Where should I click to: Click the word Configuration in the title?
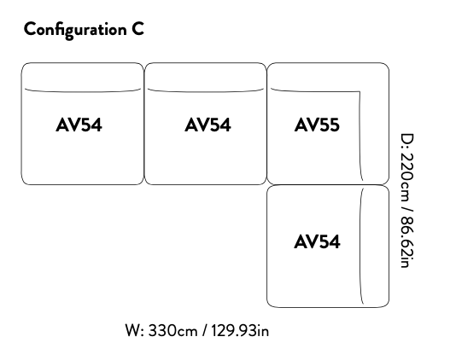click(x=75, y=30)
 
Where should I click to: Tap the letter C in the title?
click(x=137, y=29)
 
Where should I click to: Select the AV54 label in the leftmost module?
click(x=79, y=125)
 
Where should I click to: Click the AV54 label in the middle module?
click(x=208, y=125)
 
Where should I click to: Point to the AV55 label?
click(x=317, y=125)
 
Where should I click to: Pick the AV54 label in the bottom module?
click(x=317, y=241)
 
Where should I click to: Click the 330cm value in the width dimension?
click(x=172, y=331)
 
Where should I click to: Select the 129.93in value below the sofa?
click(x=240, y=331)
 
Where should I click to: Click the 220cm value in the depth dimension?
click(x=407, y=177)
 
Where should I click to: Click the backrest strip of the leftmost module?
click(x=83, y=78)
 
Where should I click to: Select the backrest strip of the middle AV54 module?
click(x=206, y=78)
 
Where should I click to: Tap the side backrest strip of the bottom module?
click(x=375, y=246)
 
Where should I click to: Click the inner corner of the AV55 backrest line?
click(x=360, y=92)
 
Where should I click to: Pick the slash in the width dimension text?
click(x=205, y=331)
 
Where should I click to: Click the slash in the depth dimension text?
click(x=407, y=209)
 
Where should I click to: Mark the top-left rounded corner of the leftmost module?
click(x=24, y=66)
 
